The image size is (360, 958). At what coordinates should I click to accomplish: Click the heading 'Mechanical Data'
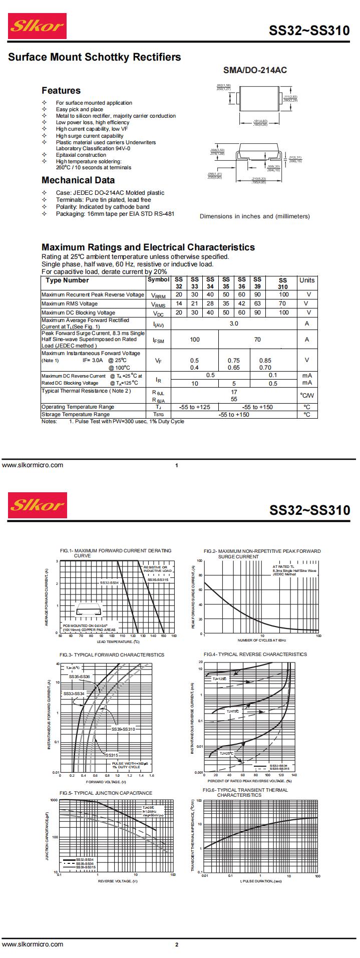tap(78, 180)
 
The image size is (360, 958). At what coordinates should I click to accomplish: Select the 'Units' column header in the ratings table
tap(307, 280)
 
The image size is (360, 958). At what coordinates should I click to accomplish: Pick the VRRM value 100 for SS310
tap(284, 294)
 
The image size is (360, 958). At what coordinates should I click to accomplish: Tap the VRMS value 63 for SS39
tap(257, 303)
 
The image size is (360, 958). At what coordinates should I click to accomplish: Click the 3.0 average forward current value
tap(234, 324)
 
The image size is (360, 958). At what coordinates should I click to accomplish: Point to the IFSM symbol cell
tap(158, 340)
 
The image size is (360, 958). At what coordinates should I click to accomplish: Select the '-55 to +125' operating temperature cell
tap(195, 407)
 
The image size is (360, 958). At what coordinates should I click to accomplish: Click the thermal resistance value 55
tap(234, 399)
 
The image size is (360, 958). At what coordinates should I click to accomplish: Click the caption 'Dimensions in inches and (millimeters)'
tap(254, 216)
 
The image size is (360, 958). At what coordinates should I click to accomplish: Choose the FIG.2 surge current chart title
tap(262, 553)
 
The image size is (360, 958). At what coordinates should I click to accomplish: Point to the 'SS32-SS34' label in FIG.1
tap(109, 583)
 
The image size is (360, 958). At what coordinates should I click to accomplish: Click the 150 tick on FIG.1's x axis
tap(163, 636)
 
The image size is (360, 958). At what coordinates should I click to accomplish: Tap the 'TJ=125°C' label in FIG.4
tap(219, 679)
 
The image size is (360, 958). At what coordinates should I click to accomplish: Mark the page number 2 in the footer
tap(176, 945)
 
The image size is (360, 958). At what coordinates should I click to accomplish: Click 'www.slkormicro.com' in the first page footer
tap(33, 465)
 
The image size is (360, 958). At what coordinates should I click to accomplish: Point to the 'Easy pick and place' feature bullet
tap(80, 109)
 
